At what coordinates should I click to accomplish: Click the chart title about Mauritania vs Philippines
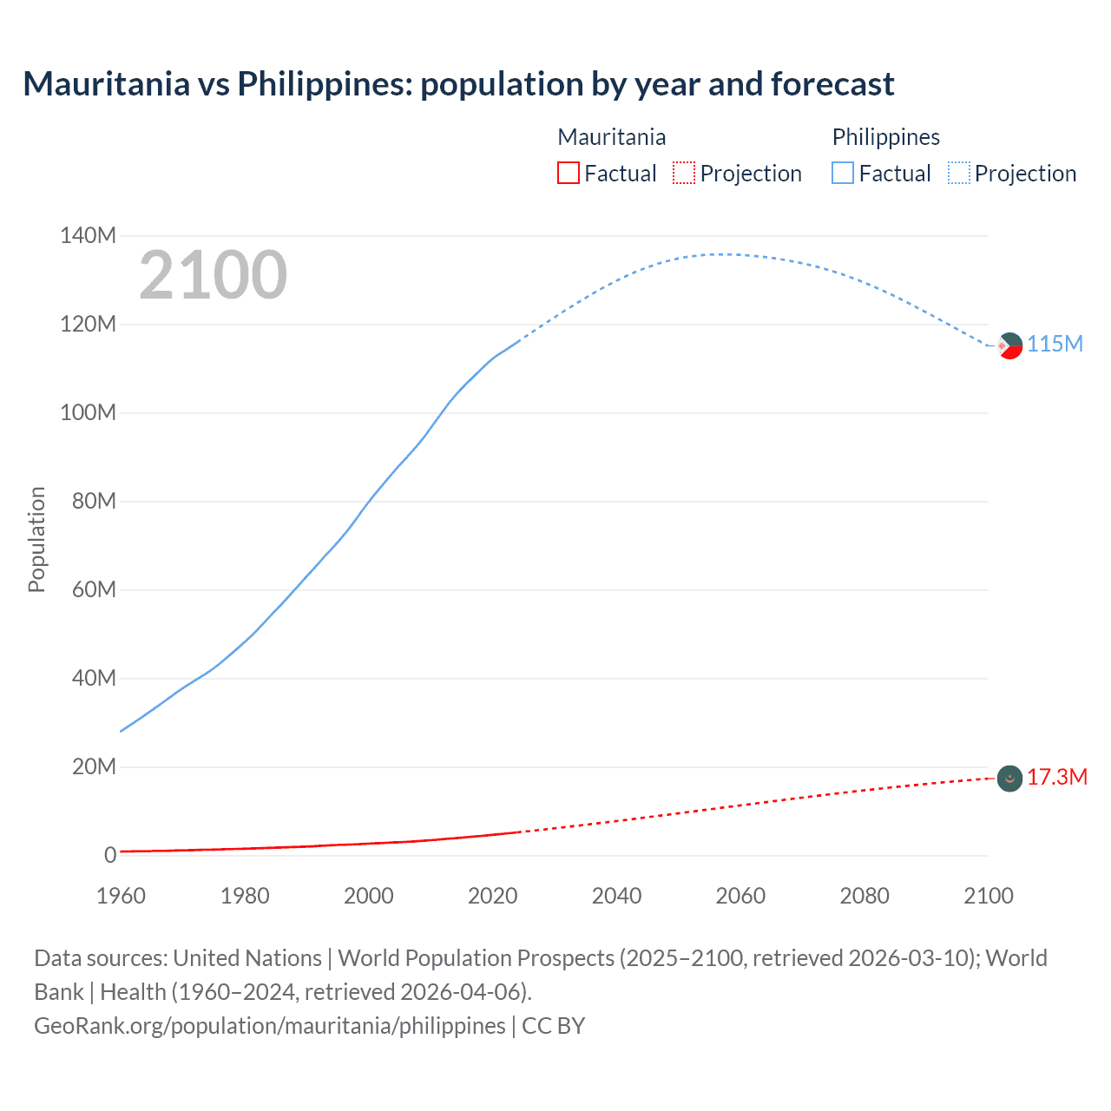click(x=458, y=84)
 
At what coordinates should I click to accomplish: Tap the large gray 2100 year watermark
click(x=213, y=275)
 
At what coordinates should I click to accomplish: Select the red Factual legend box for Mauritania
click(x=568, y=173)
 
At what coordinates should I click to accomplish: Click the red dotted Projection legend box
click(x=684, y=173)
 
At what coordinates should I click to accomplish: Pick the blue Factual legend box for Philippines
click(x=843, y=173)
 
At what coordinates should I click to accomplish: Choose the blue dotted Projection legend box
click(x=959, y=173)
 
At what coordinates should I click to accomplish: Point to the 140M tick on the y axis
click(x=88, y=236)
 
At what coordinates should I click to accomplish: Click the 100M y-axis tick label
click(x=88, y=413)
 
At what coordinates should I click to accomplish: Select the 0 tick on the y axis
click(x=110, y=856)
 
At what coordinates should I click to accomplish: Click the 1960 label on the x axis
click(x=121, y=896)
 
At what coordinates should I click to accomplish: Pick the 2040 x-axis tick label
click(x=616, y=896)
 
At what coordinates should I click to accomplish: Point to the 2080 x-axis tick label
click(x=864, y=896)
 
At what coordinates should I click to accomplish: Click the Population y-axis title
click(x=36, y=539)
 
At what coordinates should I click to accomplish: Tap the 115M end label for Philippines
click(x=1055, y=345)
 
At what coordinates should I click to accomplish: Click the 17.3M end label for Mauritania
click(x=1056, y=777)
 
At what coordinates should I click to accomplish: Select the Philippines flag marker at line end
click(x=1009, y=345)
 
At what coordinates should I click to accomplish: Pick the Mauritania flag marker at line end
click(x=1009, y=779)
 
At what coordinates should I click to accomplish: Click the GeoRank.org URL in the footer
click(x=269, y=1026)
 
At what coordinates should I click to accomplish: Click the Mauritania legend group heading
click(x=611, y=137)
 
